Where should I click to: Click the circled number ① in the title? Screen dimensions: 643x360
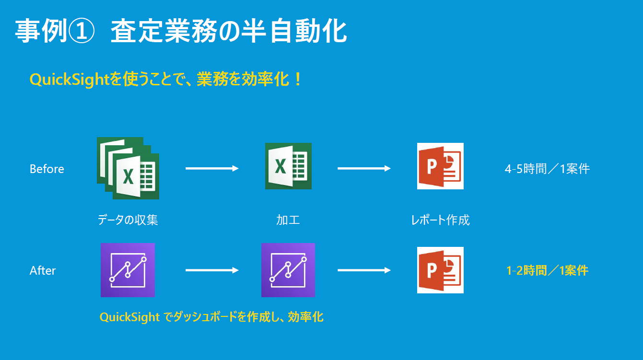click(81, 31)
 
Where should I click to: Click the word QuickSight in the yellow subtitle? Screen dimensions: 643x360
click(69, 80)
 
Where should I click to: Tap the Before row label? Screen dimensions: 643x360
click(47, 169)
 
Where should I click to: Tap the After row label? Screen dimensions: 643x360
click(43, 270)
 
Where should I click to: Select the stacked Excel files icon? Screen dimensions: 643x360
click(128, 168)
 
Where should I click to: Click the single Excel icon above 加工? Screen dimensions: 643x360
click(288, 166)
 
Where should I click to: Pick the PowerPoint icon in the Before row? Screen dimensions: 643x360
click(440, 166)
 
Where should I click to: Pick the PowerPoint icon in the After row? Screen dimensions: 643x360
click(440, 270)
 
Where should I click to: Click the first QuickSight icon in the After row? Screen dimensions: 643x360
click(128, 270)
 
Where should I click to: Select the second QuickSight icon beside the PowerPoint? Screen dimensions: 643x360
click(288, 270)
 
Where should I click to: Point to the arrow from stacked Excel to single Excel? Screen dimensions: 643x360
click(212, 168)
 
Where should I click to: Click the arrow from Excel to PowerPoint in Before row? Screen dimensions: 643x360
click(364, 168)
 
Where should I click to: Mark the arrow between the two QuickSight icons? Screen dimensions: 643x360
click(212, 270)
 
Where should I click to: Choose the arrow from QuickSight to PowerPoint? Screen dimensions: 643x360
click(364, 270)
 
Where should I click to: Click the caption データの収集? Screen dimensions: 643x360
click(128, 220)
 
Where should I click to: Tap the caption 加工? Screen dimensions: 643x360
click(288, 220)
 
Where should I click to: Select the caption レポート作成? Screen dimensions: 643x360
click(440, 220)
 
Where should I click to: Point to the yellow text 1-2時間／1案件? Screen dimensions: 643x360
click(547, 270)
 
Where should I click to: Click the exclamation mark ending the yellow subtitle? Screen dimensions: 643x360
click(298, 79)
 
